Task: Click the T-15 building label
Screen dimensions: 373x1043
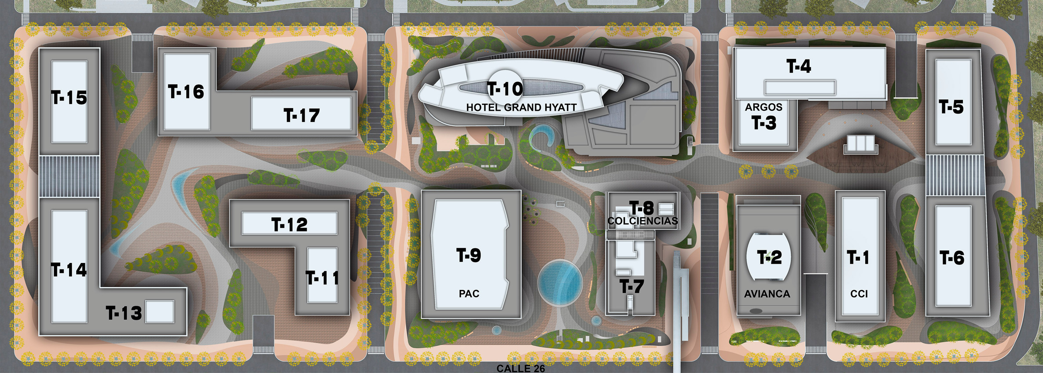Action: pyautogui.click(x=69, y=98)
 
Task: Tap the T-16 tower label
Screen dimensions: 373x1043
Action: pyautogui.click(x=186, y=92)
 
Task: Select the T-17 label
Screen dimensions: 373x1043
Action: pyautogui.click(x=301, y=116)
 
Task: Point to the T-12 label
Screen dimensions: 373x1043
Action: pyautogui.click(x=289, y=225)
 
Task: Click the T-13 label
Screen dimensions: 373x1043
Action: pyautogui.click(x=124, y=313)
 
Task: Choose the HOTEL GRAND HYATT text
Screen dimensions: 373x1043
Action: pyautogui.click(x=521, y=107)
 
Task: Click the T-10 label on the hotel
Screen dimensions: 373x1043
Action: pyautogui.click(x=505, y=89)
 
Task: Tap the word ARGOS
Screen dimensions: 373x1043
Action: pyautogui.click(x=764, y=107)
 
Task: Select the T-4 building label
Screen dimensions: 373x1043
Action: pyautogui.click(x=799, y=66)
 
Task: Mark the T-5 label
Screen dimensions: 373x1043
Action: pyautogui.click(x=951, y=107)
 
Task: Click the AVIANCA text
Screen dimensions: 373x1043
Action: pyautogui.click(x=767, y=294)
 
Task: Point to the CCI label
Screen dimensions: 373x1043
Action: pyautogui.click(x=859, y=294)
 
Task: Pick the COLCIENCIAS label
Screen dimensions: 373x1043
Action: pyautogui.click(x=643, y=221)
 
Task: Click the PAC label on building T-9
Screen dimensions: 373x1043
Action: pyautogui.click(x=469, y=293)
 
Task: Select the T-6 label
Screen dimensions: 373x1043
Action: pyautogui.click(x=952, y=258)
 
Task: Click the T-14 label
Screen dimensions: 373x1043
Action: pyautogui.click(x=69, y=270)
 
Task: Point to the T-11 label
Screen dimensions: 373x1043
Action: pyautogui.click(x=322, y=278)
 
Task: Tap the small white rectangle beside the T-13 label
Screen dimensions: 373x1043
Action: pyautogui.click(x=159, y=311)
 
